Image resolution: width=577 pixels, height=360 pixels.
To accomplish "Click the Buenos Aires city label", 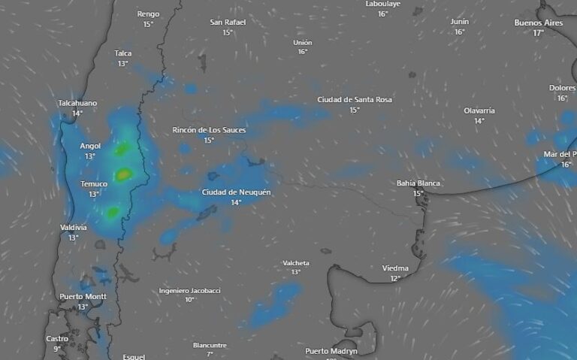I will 538,23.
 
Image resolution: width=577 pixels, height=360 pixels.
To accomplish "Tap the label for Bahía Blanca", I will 418,183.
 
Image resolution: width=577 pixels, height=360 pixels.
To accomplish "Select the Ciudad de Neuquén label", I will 236,192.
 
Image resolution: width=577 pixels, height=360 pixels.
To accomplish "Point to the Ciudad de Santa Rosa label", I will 355,99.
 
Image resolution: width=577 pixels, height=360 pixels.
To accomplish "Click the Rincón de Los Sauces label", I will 209,130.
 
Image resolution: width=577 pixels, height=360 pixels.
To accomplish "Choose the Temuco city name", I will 94,184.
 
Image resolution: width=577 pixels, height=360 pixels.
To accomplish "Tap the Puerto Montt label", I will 83,297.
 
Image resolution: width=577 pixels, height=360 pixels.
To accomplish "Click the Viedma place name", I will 395,268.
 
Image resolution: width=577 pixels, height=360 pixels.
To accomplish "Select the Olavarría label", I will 479,110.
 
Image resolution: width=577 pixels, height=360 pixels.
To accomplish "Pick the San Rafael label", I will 227,23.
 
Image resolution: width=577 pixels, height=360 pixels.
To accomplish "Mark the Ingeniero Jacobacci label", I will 189,290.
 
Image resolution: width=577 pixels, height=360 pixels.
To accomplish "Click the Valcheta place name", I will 296,262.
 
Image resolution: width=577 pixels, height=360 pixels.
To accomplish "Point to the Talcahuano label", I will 77,103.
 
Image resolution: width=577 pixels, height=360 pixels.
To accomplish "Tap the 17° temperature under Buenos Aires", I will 538,33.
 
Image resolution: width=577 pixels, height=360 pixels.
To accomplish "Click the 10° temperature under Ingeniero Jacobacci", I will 189,300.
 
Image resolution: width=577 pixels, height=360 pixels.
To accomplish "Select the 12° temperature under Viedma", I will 395,279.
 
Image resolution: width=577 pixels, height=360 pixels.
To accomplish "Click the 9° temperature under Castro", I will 57,349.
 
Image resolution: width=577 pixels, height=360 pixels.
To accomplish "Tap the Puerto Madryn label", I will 331,351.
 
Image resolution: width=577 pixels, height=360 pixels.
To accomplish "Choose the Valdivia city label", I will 74,227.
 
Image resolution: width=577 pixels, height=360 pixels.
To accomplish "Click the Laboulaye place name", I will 382,4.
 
